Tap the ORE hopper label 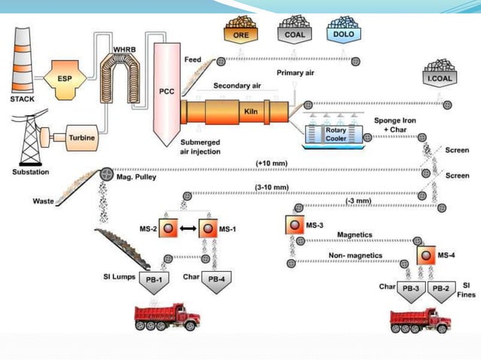[241, 34]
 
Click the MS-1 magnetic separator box [212, 227]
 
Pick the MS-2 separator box [170, 227]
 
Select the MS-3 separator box [295, 224]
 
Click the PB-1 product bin [158, 277]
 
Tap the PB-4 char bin [217, 277]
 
